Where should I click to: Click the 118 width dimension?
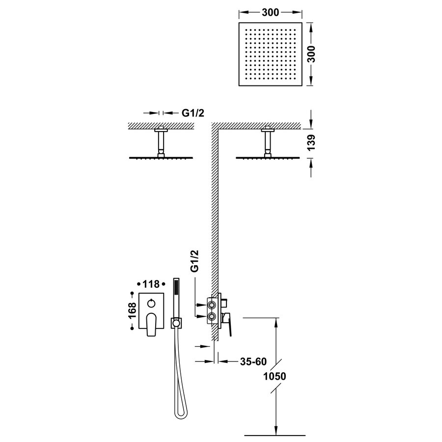(x=150, y=284)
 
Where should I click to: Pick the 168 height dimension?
(x=132, y=311)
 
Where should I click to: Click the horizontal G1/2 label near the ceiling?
(x=193, y=113)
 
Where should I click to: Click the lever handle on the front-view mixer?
(x=150, y=324)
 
